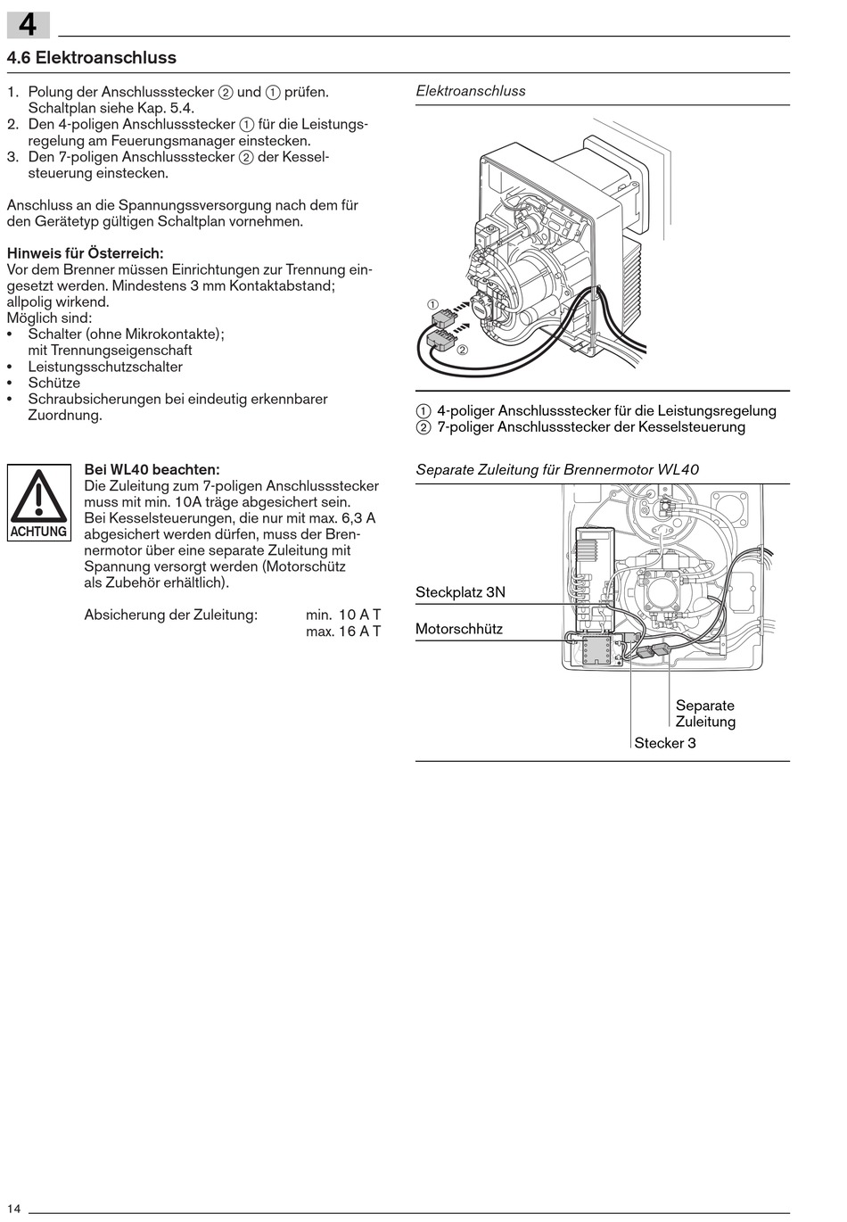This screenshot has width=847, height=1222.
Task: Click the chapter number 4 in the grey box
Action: [28, 24]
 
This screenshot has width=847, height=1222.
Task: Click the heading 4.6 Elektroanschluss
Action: [92, 58]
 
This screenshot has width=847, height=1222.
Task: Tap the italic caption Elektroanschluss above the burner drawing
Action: [471, 91]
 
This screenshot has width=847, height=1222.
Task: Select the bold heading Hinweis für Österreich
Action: [86, 253]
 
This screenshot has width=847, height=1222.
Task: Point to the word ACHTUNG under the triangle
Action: [38, 532]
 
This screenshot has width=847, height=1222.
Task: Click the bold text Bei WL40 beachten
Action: [152, 469]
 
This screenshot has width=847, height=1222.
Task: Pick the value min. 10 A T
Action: [343, 615]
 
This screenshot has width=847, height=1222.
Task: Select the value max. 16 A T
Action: [343, 632]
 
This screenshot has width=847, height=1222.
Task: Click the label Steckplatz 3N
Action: [460, 592]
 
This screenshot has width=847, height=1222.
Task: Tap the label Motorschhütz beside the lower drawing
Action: [459, 629]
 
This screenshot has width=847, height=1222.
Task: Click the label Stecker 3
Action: [665, 743]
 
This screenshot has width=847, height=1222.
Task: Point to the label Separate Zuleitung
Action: [705, 714]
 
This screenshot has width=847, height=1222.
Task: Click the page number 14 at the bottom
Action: [14, 1208]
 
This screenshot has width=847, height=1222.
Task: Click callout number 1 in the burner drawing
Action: [433, 304]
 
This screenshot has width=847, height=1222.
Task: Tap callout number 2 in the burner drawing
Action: [462, 350]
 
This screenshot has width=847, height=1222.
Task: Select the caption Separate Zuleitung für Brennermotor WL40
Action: [557, 470]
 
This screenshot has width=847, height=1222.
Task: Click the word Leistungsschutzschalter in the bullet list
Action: [105, 367]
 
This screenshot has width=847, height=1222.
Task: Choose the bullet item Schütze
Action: [53, 383]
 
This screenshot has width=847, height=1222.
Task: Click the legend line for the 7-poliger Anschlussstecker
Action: [580, 427]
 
